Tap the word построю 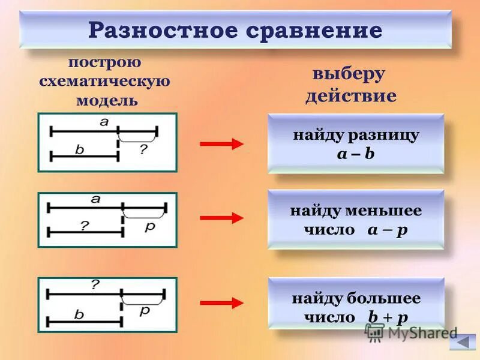[105, 62]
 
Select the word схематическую [105, 82]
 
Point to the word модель [107, 100]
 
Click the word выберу [349, 75]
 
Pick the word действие [350, 96]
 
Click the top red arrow [221, 143]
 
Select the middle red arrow [221, 218]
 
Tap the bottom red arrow [221, 303]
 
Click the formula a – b [356, 154]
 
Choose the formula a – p [388, 230]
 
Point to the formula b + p [389, 317]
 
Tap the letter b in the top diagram [79, 150]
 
